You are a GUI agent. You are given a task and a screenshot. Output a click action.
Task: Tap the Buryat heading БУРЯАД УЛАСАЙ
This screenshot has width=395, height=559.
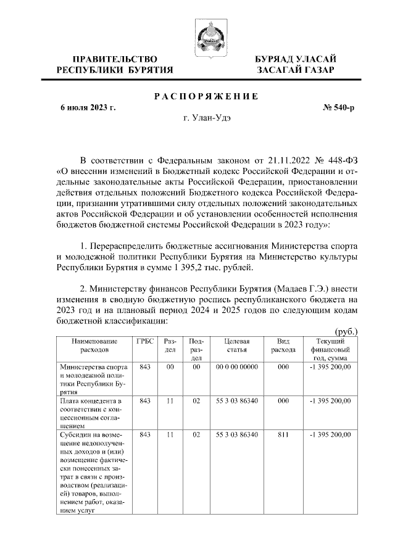[x=296, y=59]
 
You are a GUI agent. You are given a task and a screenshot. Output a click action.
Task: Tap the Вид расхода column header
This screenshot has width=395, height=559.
[x=283, y=345]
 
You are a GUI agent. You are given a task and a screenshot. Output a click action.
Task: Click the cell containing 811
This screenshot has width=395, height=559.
[x=283, y=435]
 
